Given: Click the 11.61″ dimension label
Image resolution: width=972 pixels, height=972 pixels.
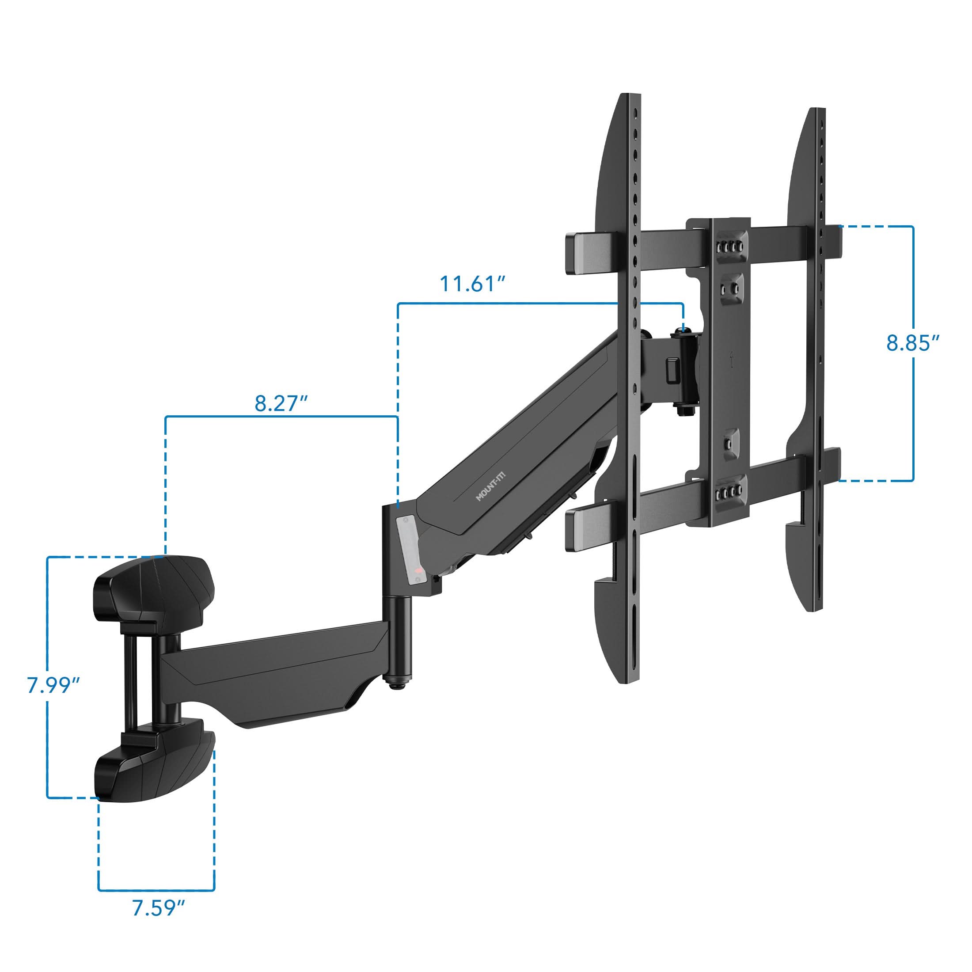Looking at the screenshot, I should click(472, 284).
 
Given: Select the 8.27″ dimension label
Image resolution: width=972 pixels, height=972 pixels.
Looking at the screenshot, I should click(281, 403).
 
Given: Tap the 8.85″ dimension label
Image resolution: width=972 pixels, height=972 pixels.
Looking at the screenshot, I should click(912, 343).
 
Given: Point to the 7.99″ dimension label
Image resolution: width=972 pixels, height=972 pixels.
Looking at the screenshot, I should click(53, 685).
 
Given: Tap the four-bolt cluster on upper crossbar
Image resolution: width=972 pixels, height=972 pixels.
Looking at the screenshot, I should click(729, 247).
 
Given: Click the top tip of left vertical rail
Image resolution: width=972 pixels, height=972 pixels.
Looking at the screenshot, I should click(630, 97).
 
